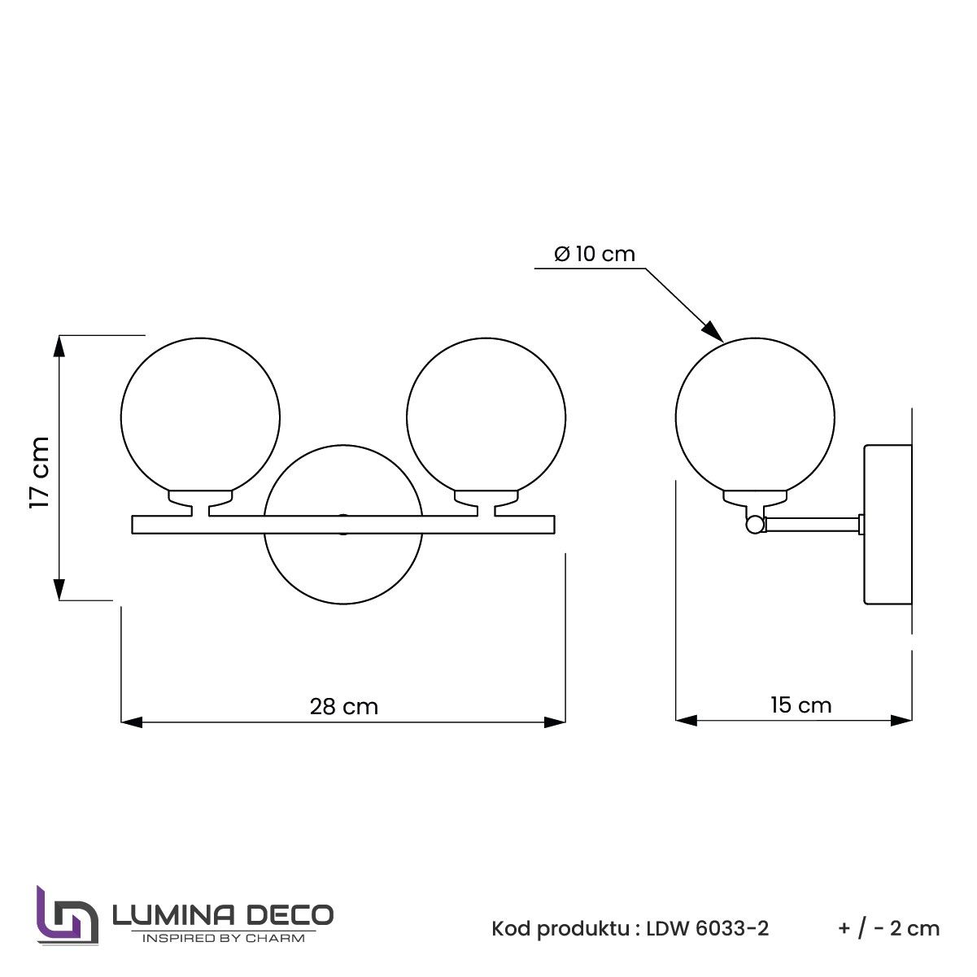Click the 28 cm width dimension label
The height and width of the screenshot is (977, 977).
343,706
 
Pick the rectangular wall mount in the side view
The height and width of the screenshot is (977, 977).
888,525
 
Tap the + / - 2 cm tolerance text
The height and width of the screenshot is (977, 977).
888,928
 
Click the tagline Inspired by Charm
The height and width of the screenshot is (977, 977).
223,938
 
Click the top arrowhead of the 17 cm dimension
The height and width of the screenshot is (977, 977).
59,346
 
